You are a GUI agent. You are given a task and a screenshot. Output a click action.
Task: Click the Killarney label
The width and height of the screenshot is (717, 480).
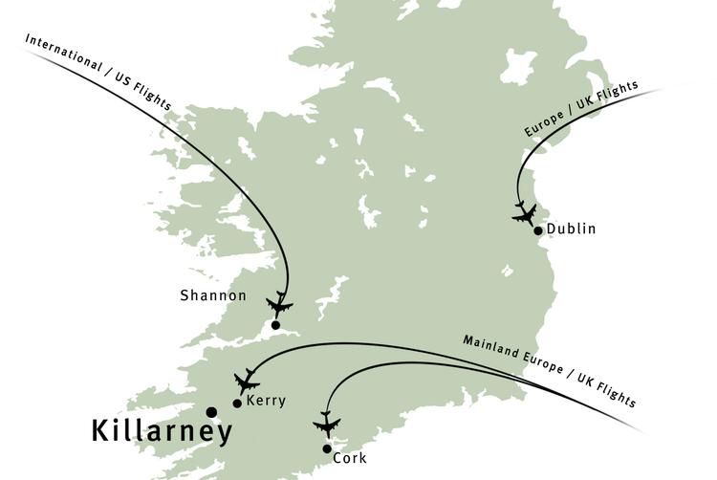162,431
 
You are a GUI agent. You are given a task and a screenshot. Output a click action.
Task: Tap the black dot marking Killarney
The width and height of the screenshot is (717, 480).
211,412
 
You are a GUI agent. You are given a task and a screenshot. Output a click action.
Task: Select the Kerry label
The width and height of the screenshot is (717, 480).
266,402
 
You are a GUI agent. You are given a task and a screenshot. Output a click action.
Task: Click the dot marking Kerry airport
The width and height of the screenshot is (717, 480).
237,403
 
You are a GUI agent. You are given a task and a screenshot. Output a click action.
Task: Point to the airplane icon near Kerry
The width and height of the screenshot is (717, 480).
247,381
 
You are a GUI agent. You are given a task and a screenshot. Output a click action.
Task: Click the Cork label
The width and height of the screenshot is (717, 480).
349,459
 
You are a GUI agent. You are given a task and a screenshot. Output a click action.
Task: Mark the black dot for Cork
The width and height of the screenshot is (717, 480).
327,448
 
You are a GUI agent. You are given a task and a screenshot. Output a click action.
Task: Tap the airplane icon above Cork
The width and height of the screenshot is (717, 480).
327,424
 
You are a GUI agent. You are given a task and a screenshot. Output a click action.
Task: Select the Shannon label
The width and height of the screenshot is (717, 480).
213,296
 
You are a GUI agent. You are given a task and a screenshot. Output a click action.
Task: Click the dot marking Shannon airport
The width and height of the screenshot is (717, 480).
275,325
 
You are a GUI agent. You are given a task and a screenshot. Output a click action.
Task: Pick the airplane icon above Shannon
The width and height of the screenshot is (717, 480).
279,304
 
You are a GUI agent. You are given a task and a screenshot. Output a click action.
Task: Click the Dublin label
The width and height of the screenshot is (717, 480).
572,229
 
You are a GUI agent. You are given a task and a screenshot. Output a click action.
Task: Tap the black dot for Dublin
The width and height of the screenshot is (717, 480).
538,230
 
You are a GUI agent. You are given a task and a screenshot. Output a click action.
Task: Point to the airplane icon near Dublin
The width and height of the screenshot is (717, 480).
524,212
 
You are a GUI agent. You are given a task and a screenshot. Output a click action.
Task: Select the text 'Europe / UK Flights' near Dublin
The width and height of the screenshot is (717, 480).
580,111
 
